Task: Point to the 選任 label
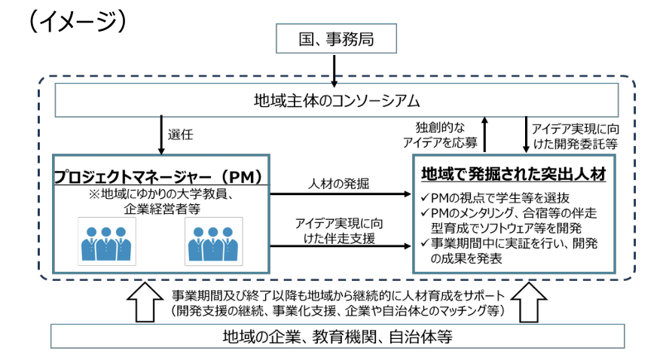click(x=183, y=135)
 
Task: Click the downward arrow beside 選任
click(x=160, y=135)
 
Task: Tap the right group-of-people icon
click(x=213, y=242)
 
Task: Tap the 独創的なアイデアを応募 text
click(x=446, y=134)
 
